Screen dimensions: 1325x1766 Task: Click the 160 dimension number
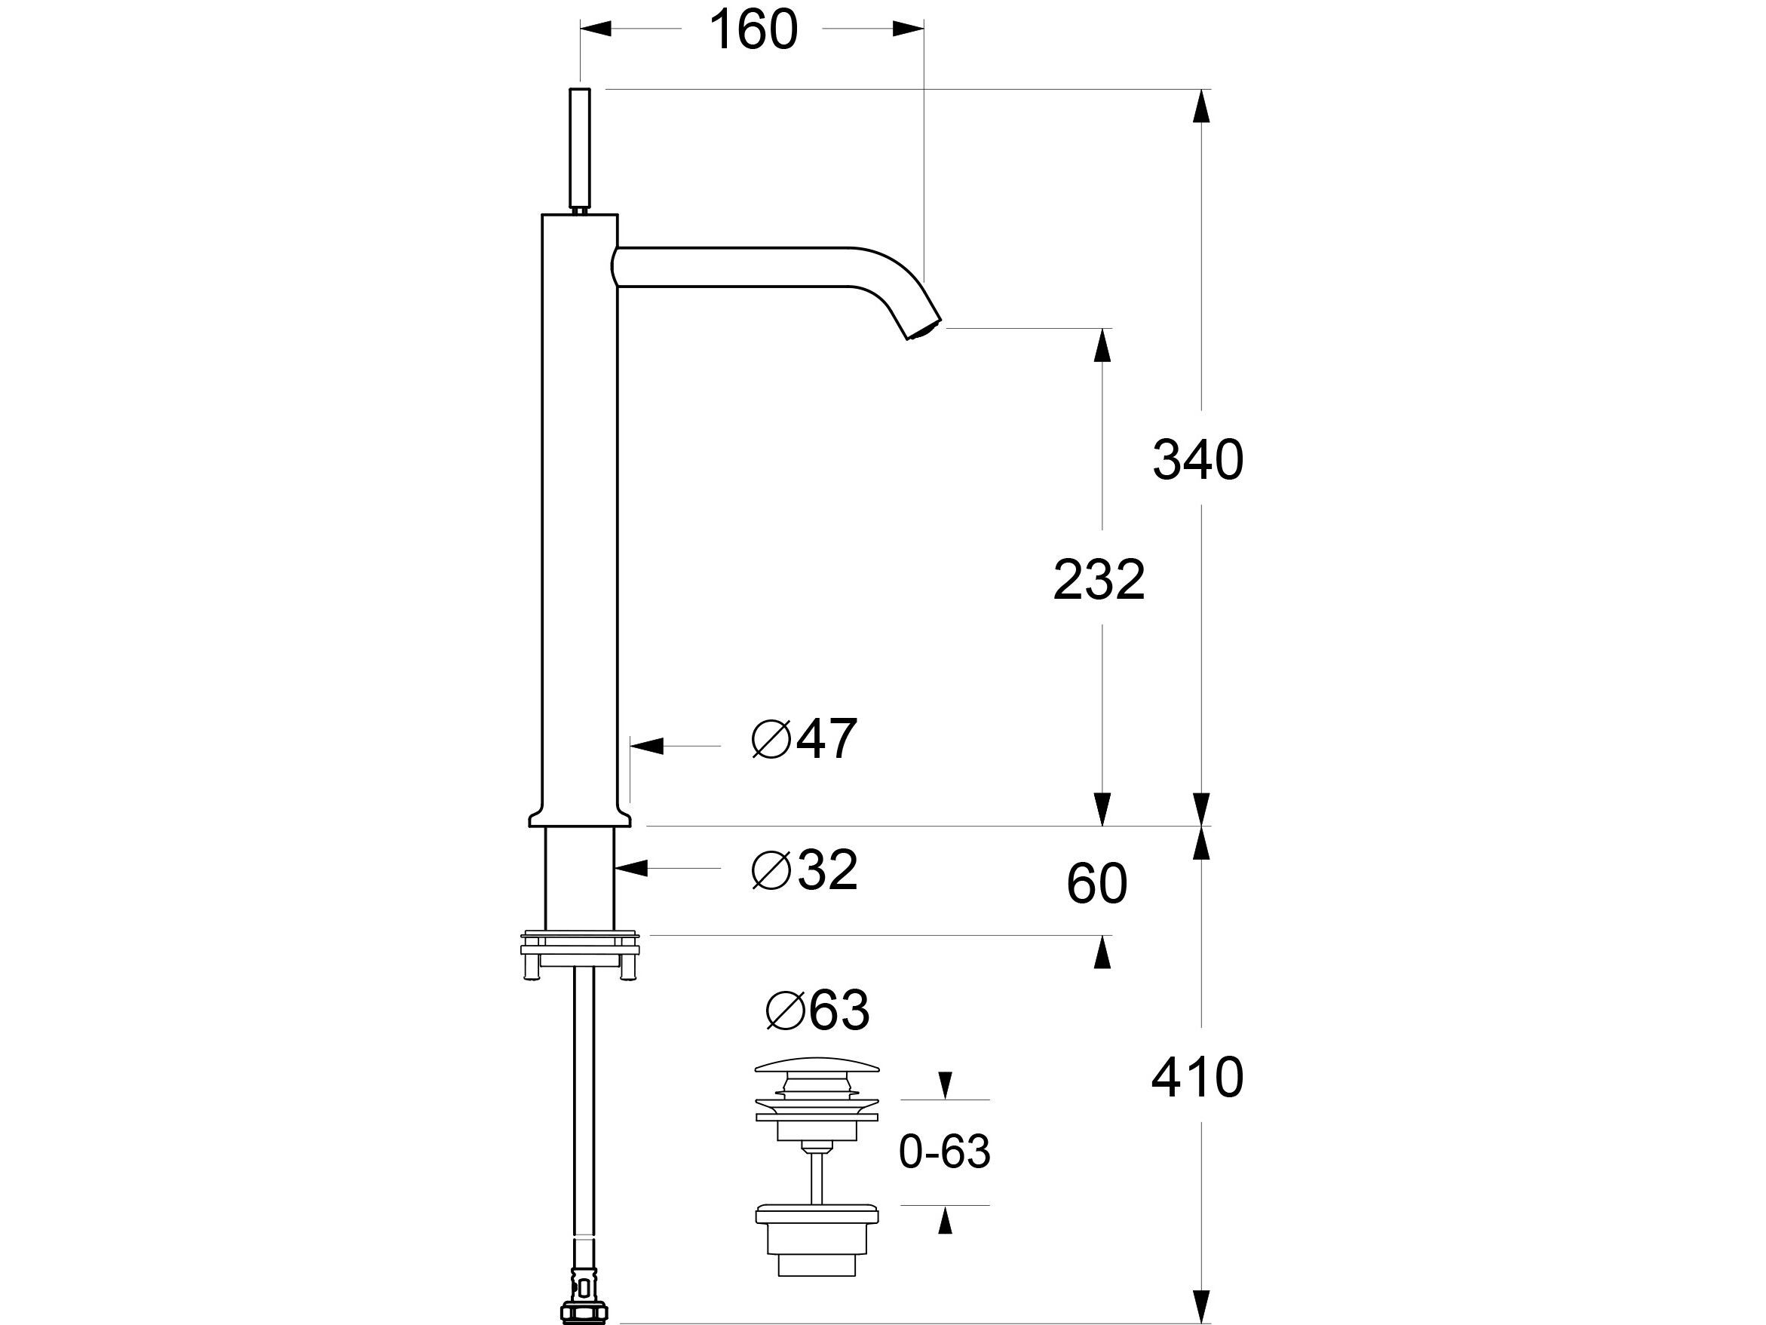tap(753, 30)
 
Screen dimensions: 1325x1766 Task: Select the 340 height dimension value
tap(1197, 460)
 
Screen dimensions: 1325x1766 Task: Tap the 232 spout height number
tap(1099, 580)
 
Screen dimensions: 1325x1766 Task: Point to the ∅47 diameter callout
tap(805, 739)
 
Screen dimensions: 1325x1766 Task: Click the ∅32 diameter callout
tap(805, 870)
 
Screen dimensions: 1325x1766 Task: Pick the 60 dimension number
tap(1096, 884)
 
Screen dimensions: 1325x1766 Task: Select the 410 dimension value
tap(1197, 1078)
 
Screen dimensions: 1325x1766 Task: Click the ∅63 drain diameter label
tap(817, 1011)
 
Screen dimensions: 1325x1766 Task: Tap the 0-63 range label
tap(945, 1152)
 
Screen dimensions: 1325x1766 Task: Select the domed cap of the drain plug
tap(817, 1067)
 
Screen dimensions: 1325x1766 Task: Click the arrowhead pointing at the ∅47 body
tap(647, 747)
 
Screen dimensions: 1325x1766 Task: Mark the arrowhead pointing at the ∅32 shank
tap(630, 868)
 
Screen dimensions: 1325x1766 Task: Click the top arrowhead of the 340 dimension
tap(1201, 106)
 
